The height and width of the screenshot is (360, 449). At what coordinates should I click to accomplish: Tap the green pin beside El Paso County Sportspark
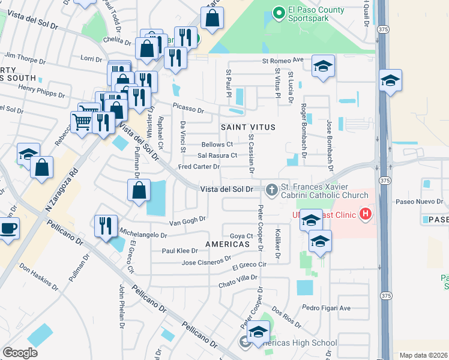[x=278, y=11]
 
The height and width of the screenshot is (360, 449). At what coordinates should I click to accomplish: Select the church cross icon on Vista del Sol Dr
[x=271, y=190]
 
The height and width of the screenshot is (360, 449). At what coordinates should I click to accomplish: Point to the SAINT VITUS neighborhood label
[x=248, y=127]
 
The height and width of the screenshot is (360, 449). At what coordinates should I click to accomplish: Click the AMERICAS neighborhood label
[x=228, y=244]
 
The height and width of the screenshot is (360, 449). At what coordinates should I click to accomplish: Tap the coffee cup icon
[x=8, y=228]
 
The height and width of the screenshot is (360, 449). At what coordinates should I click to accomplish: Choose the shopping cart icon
[x=82, y=122]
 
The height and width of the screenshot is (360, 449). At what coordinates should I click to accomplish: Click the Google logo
[x=20, y=352]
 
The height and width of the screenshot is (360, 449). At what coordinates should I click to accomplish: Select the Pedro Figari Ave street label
[x=326, y=308]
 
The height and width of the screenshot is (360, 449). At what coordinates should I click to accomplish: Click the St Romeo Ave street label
[x=283, y=61]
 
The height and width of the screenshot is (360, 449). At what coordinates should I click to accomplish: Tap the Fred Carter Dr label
[x=199, y=166]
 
